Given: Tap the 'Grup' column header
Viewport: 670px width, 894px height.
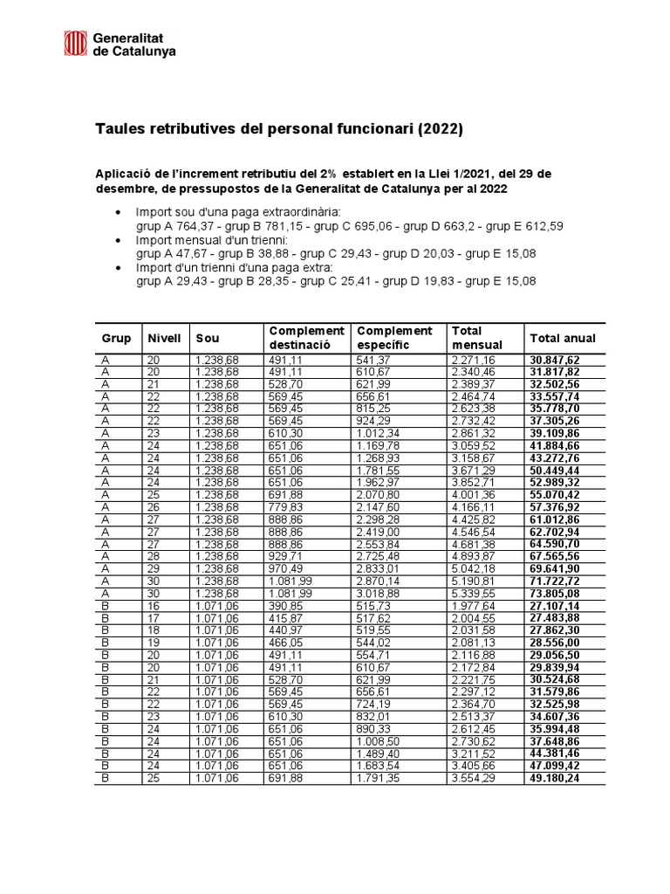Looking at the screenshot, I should tap(117, 337).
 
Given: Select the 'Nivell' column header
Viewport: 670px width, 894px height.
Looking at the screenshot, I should tap(164, 337).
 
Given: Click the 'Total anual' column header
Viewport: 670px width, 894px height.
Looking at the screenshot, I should tap(562, 338).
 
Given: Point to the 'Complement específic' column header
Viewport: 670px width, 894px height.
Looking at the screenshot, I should tap(394, 338).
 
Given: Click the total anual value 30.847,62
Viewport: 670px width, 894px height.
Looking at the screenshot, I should tap(554, 359).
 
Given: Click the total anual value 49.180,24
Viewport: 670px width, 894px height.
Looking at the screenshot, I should tap(554, 778).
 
